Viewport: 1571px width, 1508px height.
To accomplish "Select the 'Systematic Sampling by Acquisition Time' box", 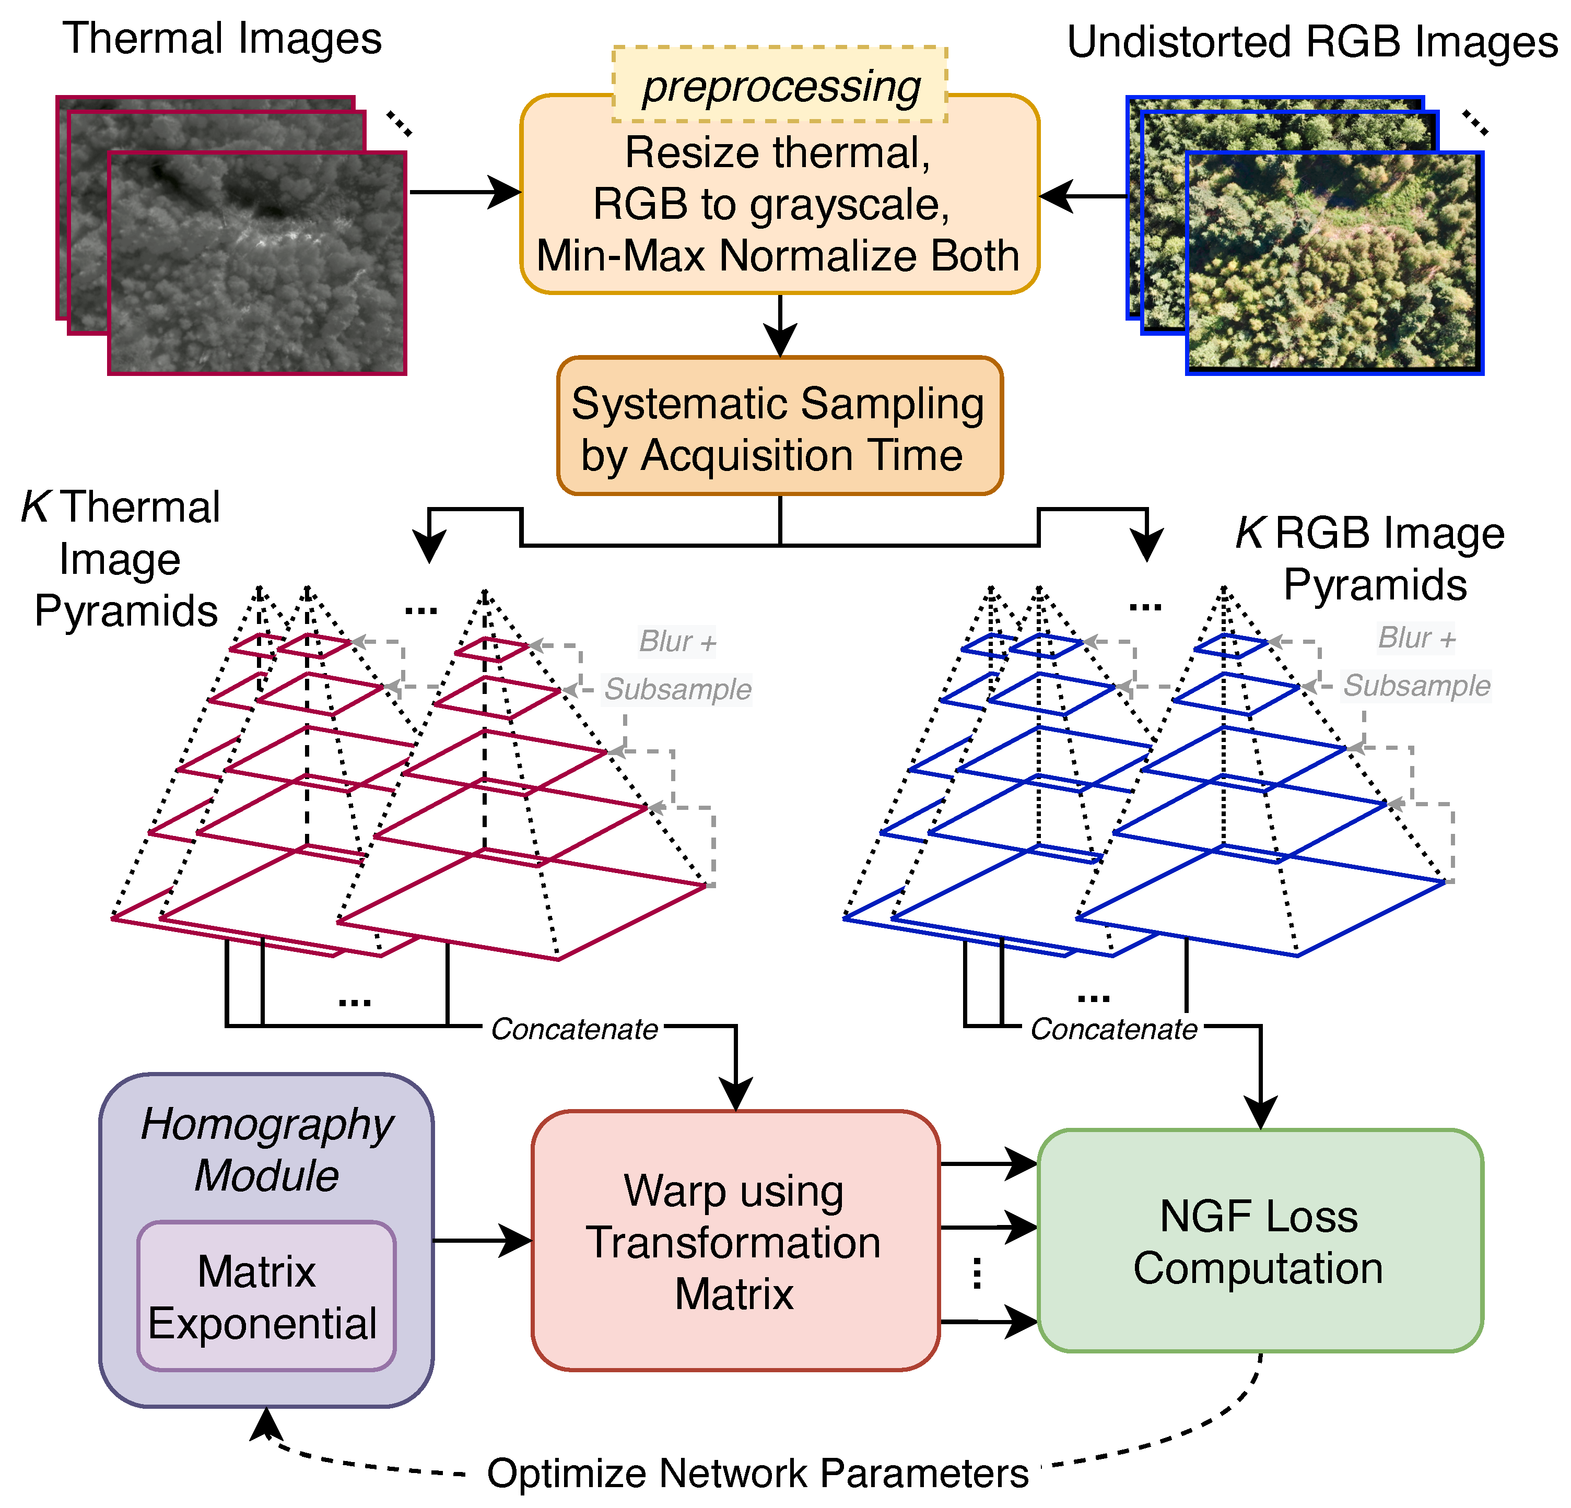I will coord(779,426).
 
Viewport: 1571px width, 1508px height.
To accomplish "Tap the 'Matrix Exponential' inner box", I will coord(266,1297).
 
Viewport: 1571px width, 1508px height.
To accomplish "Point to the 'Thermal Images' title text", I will coord(222,39).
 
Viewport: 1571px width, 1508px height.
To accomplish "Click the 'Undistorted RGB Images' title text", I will coord(1312,42).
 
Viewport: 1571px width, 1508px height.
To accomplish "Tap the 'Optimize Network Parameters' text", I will coord(757,1472).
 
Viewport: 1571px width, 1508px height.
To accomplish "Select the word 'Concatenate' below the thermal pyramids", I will coord(574,1029).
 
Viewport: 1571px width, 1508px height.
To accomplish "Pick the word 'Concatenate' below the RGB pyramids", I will coord(1113,1029).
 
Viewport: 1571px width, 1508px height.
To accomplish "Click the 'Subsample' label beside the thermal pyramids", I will coord(677,689).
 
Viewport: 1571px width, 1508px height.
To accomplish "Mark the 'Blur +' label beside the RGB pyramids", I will coord(1415,638).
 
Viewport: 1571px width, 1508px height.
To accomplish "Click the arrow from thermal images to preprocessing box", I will coord(465,192).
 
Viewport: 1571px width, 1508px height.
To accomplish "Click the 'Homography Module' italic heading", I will coord(267,1150).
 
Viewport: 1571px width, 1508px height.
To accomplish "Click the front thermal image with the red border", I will coord(256,263).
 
